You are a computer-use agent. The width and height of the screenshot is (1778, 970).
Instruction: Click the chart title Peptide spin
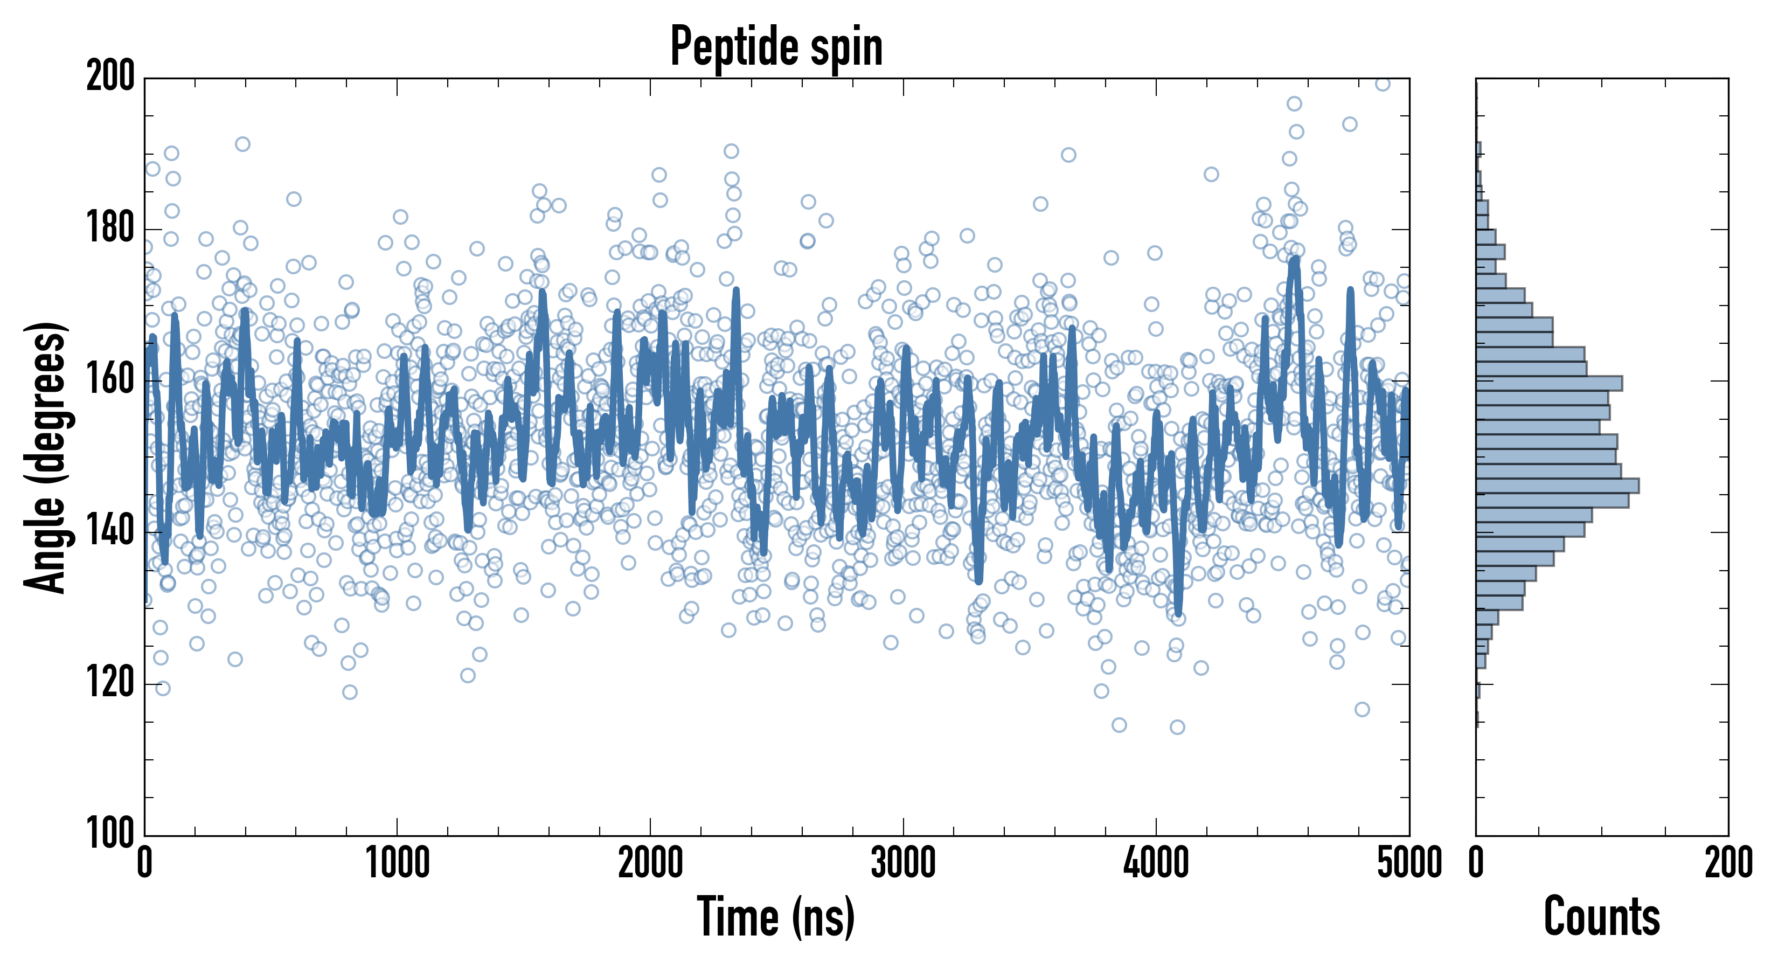(x=776, y=47)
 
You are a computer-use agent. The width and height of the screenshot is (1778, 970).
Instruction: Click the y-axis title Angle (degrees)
(x=46, y=457)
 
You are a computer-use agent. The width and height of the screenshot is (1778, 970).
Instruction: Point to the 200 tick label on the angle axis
(x=110, y=76)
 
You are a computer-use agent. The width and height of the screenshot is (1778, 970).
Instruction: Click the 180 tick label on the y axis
(x=110, y=228)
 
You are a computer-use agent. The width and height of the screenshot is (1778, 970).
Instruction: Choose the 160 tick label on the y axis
(x=110, y=380)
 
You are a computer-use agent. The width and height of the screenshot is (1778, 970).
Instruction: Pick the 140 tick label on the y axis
(x=110, y=532)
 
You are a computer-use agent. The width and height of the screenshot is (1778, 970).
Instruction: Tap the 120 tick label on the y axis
(x=110, y=684)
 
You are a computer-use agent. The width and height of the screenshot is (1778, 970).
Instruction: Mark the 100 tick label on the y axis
(x=110, y=834)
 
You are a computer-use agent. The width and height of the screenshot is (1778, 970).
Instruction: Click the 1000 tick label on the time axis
(x=397, y=863)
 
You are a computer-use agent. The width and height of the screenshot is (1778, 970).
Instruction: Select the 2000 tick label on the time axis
(x=650, y=863)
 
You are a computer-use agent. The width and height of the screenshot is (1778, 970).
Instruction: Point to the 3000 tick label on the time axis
(x=903, y=863)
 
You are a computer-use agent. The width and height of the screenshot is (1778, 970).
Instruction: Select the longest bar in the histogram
(x=1557, y=486)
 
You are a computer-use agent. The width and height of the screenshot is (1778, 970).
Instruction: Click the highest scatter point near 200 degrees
(x=1382, y=84)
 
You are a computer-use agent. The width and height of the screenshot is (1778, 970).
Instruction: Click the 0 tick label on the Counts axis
(x=1476, y=863)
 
